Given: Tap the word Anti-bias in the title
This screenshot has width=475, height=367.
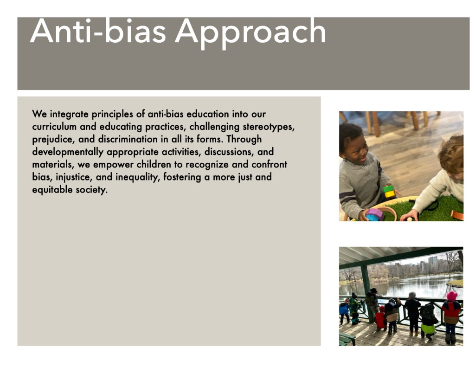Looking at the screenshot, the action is pyautogui.click(x=98, y=31).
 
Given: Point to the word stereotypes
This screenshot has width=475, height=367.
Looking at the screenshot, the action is pyautogui.click(x=269, y=127).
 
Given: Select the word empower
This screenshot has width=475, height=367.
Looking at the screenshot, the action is pyautogui.click(x=113, y=165).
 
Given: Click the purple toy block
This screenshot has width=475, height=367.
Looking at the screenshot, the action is pyautogui.click(x=375, y=213).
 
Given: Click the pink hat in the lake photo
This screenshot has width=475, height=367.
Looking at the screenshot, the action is pyautogui.click(x=452, y=296).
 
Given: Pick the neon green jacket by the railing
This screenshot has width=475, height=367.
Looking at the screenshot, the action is pyautogui.click(x=428, y=328).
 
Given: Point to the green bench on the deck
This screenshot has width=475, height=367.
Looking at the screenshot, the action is pyautogui.click(x=347, y=339).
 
